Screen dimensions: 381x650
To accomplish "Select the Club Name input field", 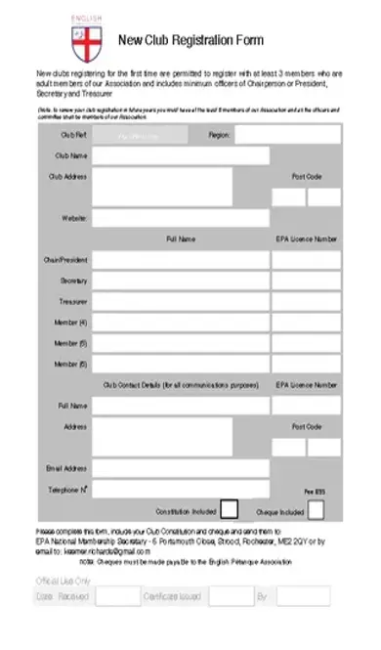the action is (181, 155).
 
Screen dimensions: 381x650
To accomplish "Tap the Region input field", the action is (287, 135).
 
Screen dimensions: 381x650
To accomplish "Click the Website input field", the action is (181, 218).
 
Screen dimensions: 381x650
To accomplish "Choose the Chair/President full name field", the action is (181, 260).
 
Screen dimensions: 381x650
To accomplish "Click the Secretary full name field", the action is (181, 282).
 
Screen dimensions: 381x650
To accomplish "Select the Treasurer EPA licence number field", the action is (306, 302).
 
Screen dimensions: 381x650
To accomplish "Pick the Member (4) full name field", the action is (181, 323).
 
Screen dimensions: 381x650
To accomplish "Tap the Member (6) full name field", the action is (181, 365).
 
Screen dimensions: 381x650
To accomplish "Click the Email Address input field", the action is (181, 468).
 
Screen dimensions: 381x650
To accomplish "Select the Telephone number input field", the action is (181, 489).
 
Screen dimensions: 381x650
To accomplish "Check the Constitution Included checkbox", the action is (229, 509).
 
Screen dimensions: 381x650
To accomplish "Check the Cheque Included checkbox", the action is (316, 509).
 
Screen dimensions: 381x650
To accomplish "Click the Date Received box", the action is (118, 595).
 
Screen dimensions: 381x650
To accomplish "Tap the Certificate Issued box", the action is (232, 595).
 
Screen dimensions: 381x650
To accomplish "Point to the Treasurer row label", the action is (73, 302).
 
